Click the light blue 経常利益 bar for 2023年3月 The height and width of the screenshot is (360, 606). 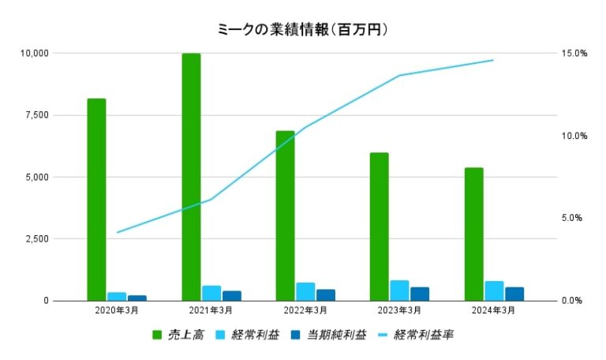399,291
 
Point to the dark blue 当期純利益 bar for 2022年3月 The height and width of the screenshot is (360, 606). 325,294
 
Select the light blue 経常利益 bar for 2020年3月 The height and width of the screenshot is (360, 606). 117,296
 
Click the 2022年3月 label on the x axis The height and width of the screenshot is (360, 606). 305,310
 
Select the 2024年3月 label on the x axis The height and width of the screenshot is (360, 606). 494,310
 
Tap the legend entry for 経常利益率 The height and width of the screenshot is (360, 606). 423,335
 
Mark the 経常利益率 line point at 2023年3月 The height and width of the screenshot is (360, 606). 399,76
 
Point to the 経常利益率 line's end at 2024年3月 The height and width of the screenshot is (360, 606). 493,60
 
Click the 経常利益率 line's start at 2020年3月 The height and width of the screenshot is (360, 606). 117,233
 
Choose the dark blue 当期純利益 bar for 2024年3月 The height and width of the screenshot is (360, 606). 514,294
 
